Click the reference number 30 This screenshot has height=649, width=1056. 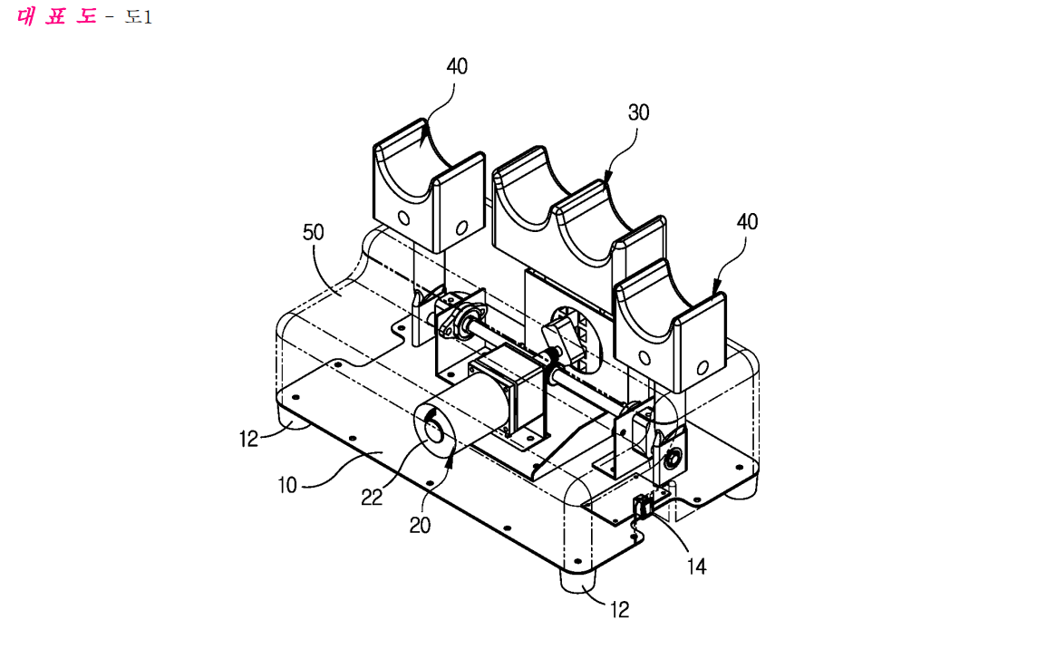tap(638, 112)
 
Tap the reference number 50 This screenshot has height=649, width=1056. tap(313, 232)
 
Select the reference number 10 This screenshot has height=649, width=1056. tap(287, 485)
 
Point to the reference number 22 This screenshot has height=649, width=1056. tap(372, 498)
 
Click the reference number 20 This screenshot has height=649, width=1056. tap(421, 525)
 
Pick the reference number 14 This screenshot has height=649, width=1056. tap(696, 567)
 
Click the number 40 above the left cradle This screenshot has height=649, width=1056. tap(457, 67)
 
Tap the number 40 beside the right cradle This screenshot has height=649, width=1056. tap(747, 222)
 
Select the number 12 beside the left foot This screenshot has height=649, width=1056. tap(248, 440)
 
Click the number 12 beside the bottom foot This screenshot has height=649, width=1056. tap(619, 610)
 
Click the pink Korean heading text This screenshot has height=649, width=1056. tap(56, 15)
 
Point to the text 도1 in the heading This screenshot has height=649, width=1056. tap(139, 17)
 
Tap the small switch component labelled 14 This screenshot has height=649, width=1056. tap(642, 507)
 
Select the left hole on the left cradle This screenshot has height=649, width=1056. tap(404, 218)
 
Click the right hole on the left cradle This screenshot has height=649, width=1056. tap(462, 228)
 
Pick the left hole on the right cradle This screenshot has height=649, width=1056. tap(644, 357)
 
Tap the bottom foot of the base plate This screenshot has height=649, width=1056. tap(579, 581)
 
